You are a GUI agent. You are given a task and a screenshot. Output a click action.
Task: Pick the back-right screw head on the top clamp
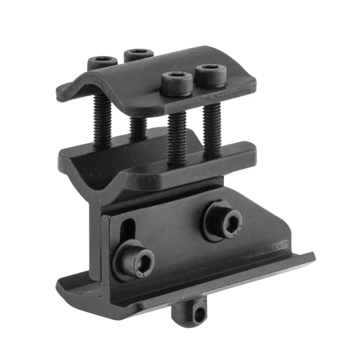pos(139,53)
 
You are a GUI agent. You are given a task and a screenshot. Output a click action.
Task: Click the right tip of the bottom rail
pos(311,256)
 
